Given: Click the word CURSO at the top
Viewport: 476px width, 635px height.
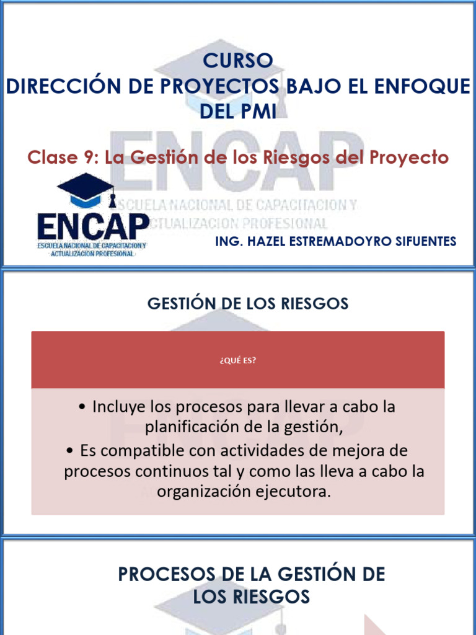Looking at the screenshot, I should [238, 61].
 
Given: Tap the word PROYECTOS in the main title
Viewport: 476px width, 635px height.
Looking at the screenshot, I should [219, 86].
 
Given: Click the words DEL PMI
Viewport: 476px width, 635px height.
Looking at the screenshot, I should [238, 112].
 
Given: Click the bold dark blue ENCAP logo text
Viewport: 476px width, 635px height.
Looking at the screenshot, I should [93, 226].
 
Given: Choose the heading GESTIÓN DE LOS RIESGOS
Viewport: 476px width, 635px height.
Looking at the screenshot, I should [248, 304].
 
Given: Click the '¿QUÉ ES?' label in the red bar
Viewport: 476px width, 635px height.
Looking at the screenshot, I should [237, 360].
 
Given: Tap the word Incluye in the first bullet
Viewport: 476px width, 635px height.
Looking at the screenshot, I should [117, 407].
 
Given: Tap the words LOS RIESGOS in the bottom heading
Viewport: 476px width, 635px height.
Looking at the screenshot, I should [251, 597].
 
